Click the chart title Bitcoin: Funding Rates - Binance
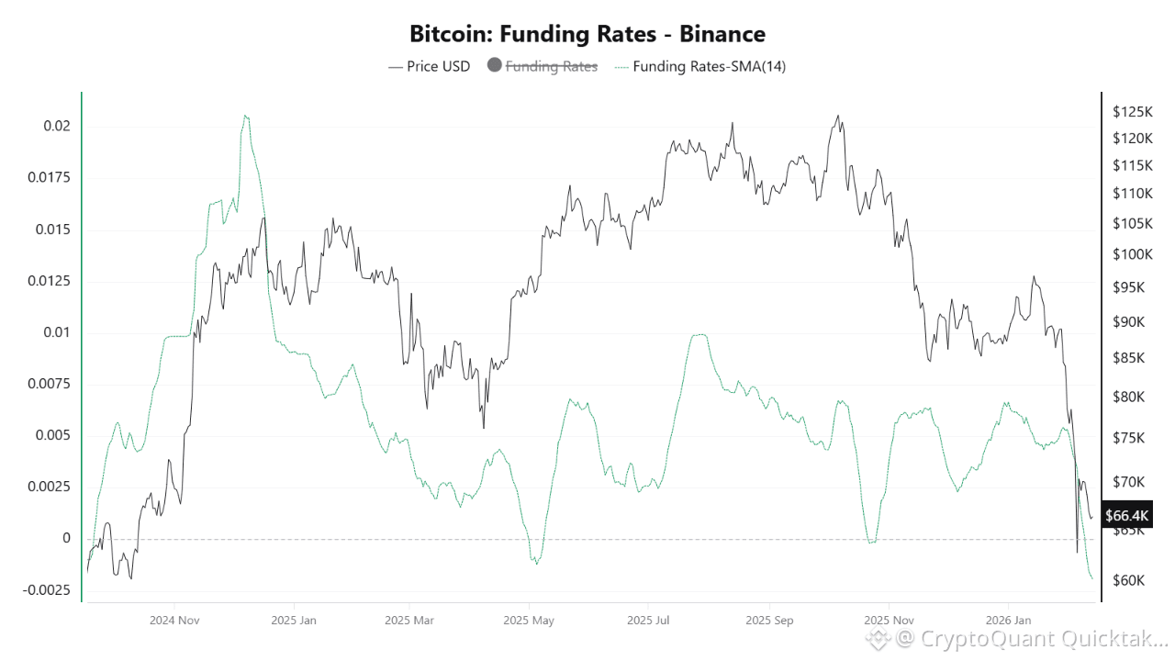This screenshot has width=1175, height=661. pyautogui.click(x=587, y=34)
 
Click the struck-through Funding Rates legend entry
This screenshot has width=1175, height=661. pyautogui.click(x=552, y=66)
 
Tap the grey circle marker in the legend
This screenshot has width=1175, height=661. pyautogui.click(x=494, y=66)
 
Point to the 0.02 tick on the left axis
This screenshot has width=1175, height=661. pyautogui.click(x=57, y=126)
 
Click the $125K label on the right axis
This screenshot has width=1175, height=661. pyautogui.click(x=1131, y=112)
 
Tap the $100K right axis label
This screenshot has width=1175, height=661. pyautogui.click(x=1131, y=254)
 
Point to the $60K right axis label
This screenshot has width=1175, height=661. pyautogui.click(x=1128, y=580)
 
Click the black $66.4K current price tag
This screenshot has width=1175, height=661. pyautogui.click(x=1127, y=515)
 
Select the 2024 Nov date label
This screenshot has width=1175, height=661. pyautogui.click(x=175, y=621)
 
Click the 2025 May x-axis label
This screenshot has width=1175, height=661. pyautogui.click(x=530, y=621)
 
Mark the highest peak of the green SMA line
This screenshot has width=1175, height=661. pyautogui.click(x=245, y=116)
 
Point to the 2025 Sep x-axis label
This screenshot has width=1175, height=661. pyautogui.click(x=769, y=621)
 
